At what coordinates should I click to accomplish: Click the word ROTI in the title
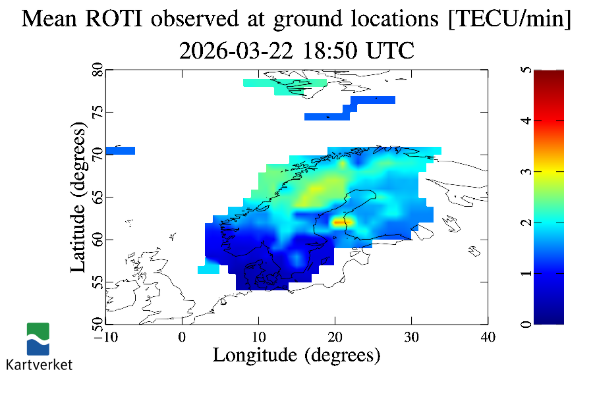pyautogui.click(x=114, y=18)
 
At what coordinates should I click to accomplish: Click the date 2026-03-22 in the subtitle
pyautogui.click(x=236, y=51)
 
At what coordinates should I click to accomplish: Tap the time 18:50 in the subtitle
pyautogui.click(x=330, y=51)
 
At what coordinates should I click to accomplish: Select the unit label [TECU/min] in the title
pyautogui.click(x=509, y=18)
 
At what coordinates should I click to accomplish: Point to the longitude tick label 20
pyautogui.click(x=335, y=337)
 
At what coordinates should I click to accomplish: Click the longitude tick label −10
pyautogui.click(x=106, y=337)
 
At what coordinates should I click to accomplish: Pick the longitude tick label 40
pyautogui.click(x=488, y=337)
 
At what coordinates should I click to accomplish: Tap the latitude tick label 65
pyautogui.click(x=98, y=197)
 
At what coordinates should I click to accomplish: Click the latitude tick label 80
pyautogui.click(x=98, y=70)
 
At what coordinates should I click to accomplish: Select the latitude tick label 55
pyautogui.click(x=98, y=282)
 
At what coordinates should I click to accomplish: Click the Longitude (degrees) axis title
pyautogui.click(x=296, y=355)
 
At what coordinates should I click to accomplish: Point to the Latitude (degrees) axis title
pyautogui.click(x=78, y=197)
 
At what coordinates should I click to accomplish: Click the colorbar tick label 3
pyautogui.click(x=526, y=172)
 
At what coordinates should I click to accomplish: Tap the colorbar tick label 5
pyautogui.click(x=526, y=70)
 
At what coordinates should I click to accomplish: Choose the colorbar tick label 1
pyautogui.click(x=526, y=273)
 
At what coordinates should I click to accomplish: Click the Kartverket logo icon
pyautogui.click(x=38, y=339)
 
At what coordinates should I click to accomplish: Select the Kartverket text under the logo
pyautogui.click(x=39, y=365)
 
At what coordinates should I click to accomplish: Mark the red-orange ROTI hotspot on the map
pyautogui.click(x=343, y=223)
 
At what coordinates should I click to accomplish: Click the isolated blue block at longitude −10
pyautogui.click(x=121, y=151)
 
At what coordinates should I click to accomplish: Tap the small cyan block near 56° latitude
pyautogui.click(x=208, y=269)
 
